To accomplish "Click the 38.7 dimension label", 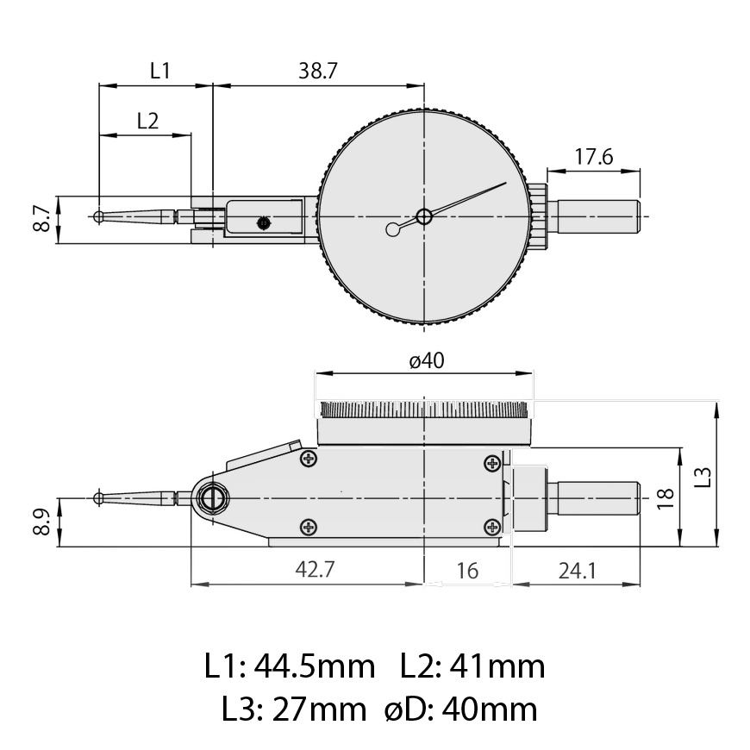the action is click(x=318, y=71).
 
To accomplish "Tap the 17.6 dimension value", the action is click(x=593, y=156).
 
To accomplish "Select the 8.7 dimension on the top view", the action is click(x=42, y=219).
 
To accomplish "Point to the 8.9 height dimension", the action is click(x=42, y=522).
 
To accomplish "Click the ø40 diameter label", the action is click(x=427, y=360).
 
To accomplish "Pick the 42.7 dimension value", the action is click(x=315, y=569).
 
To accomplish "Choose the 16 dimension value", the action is click(x=467, y=571).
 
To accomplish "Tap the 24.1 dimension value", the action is click(x=577, y=571).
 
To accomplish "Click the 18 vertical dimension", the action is click(x=666, y=498).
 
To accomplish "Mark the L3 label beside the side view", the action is click(x=703, y=477).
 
